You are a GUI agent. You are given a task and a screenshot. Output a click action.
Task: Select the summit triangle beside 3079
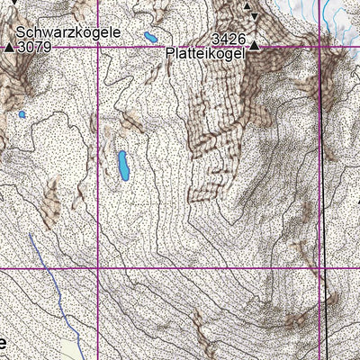10,46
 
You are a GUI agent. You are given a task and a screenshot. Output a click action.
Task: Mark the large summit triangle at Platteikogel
255,45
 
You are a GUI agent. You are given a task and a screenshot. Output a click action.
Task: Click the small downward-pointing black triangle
255,17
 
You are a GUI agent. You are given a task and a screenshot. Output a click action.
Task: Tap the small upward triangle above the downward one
248,7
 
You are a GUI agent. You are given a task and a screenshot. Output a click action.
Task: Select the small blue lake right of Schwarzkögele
149,37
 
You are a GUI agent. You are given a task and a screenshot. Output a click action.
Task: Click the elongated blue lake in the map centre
123,165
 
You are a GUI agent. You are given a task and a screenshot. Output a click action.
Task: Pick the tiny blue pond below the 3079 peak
21,114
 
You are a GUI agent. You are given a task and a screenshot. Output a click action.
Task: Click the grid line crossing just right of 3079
97,46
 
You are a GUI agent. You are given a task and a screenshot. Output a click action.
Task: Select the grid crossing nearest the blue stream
97,268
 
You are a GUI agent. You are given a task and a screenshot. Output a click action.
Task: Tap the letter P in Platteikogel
170,54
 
